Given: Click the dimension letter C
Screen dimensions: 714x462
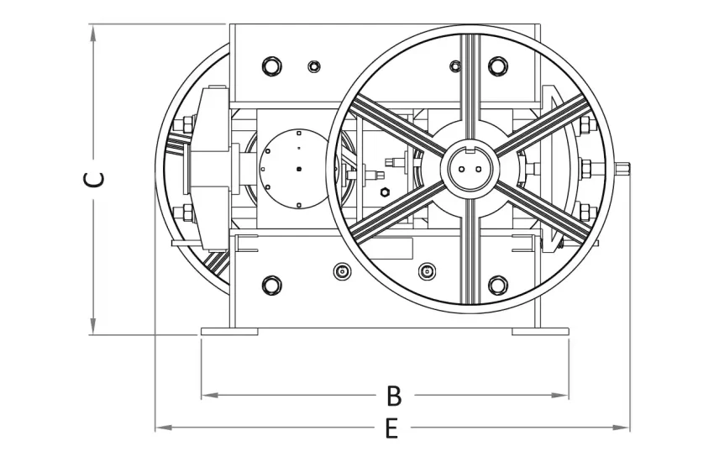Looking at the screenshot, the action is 94,179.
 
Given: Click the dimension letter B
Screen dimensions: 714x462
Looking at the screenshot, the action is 394,396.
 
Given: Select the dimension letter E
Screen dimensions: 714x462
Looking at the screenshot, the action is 391,428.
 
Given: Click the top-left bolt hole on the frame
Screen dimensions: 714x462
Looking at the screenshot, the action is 272,66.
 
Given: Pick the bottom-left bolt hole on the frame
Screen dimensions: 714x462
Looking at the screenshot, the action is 272,286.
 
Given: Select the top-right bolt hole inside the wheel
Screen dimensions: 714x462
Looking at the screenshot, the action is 498,66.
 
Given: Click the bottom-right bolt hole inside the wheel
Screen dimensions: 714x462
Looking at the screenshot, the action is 498,286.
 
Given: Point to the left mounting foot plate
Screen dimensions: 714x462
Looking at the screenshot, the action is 229,332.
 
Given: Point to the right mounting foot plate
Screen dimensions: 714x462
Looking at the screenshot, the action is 540,332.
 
